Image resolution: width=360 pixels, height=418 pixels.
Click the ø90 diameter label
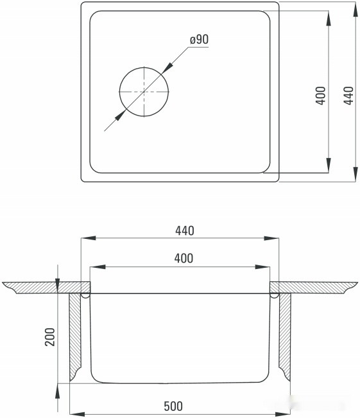(x=199, y=40)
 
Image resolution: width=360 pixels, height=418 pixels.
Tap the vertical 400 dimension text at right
(x=321, y=95)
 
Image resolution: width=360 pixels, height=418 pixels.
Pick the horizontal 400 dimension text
(x=184, y=258)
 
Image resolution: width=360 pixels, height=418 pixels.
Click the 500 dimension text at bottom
(x=173, y=406)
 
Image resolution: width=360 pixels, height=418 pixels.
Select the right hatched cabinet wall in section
(x=284, y=334)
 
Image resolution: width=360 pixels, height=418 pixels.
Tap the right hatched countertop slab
(x=314, y=286)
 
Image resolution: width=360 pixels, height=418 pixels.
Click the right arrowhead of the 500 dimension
(x=287, y=412)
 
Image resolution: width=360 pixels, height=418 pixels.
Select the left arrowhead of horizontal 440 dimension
(x=84, y=238)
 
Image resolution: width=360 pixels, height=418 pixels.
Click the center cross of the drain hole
(x=144, y=91)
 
